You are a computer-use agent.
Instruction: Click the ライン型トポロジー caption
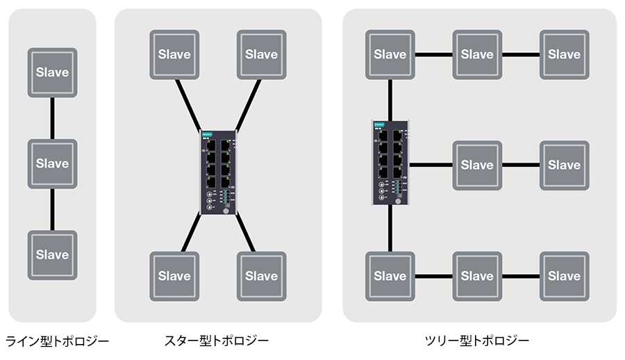[x=57, y=341]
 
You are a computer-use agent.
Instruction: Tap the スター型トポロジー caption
[x=216, y=341]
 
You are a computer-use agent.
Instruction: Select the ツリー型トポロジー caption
[x=477, y=341]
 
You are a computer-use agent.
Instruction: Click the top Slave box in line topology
[x=53, y=72]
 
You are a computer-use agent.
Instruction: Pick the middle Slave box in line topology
[x=53, y=163]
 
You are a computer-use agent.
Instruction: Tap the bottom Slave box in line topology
[x=53, y=254]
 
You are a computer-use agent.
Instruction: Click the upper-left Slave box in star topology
[x=174, y=54]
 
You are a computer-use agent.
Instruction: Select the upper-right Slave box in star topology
[x=261, y=54]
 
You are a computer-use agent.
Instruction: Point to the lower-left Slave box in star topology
[x=174, y=276]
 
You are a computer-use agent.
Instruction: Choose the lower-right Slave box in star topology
[x=261, y=276]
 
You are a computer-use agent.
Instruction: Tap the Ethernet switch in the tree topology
[x=390, y=163]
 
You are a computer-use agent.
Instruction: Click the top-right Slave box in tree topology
[x=564, y=54]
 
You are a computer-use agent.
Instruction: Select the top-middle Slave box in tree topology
[x=477, y=54]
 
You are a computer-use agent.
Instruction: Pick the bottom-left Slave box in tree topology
[x=390, y=276]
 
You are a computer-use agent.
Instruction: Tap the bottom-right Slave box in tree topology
[x=564, y=276]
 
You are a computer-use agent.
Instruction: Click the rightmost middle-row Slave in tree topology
[x=564, y=165]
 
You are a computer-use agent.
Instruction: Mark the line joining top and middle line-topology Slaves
[x=53, y=118]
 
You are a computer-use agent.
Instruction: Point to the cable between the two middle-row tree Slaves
[x=520, y=165]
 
